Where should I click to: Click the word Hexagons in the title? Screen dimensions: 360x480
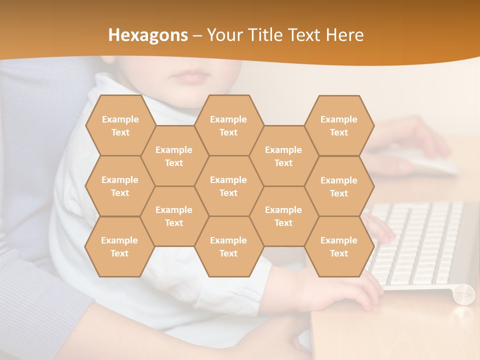(x=148, y=35)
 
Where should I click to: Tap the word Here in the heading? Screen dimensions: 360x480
(x=344, y=35)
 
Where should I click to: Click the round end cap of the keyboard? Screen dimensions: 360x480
(x=464, y=293)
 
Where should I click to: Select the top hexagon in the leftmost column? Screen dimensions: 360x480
(x=120, y=125)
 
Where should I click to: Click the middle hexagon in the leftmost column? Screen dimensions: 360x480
(x=120, y=186)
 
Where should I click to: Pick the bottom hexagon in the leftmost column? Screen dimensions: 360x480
(x=119, y=246)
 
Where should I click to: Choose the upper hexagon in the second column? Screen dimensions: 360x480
(x=174, y=156)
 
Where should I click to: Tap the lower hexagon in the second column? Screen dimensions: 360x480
(x=174, y=216)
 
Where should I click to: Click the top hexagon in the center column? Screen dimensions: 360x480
(x=228, y=125)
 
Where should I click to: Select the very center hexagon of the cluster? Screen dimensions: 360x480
(x=228, y=186)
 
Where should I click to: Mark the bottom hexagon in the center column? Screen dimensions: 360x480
(x=228, y=246)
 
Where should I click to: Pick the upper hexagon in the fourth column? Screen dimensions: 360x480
(x=283, y=156)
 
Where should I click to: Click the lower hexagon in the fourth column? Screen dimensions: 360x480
(x=283, y=216)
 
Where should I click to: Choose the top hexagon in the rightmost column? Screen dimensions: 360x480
(x=339, y=125)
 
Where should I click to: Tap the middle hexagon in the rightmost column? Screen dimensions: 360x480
(x=339, y=186)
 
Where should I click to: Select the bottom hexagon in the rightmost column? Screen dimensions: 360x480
(x=339, y=246)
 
